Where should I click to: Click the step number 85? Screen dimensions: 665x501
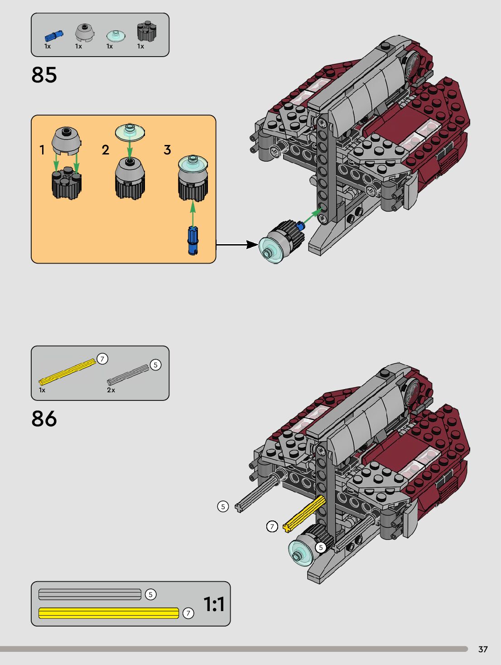coord(44,75)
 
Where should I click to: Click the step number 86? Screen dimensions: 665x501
coord(44,419)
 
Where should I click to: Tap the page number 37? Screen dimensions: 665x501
coord(483,649)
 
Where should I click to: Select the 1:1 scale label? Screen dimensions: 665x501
coord(214,604)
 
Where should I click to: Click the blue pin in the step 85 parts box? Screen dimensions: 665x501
coord(54,35)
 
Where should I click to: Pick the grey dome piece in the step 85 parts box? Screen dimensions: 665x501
coord(85,33)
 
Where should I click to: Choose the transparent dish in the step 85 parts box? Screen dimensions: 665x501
coord(116,35)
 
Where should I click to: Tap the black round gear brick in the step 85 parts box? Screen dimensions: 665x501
coord(147,31)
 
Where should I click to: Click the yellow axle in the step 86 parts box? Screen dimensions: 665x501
coord(67,371)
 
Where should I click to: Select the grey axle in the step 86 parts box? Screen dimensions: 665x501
coord(128,375)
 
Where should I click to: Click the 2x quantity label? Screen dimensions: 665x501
coord(111,390)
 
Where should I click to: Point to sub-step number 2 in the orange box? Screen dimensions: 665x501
coord(106,150)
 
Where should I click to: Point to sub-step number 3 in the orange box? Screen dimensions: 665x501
coord(167,150)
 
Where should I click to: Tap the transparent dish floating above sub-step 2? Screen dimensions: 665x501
coord(130,131)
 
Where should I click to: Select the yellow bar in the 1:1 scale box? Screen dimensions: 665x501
coord(109,613)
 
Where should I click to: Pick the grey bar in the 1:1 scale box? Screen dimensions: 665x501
coord(90,594)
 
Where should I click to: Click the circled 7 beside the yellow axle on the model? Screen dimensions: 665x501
coord(272,526)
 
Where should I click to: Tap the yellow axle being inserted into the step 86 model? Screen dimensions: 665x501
coord(304,514)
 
